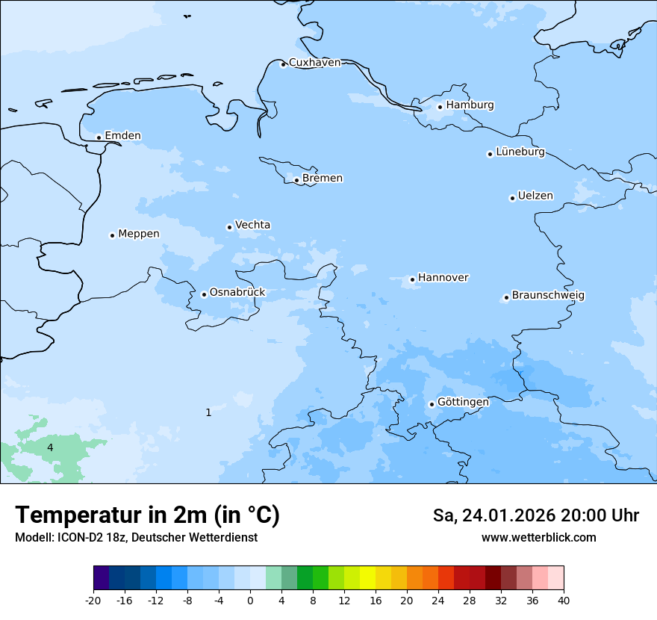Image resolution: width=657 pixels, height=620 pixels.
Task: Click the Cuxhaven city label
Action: pos(314,63)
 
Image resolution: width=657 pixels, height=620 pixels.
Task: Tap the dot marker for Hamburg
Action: pos(440,107)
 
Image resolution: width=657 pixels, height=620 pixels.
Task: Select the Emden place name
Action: pos(122,136)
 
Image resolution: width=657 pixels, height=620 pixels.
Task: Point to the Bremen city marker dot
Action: pos(297,180)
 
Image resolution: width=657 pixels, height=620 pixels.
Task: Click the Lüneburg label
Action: pos(520,152)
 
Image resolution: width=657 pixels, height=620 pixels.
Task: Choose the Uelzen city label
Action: pos(535,196)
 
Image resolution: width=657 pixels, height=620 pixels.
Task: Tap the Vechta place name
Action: pos(252,226)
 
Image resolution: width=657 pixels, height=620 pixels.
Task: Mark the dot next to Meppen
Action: pos(113,235)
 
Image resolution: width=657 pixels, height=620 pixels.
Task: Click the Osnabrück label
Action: pos(237,293)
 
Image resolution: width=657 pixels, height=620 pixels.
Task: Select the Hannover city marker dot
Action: pos(413,280)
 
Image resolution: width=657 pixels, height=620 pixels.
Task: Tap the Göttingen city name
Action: pos(463,403)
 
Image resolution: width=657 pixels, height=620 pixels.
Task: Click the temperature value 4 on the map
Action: pos(50,447)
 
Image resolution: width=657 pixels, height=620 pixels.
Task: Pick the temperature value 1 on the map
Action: pos(208,412)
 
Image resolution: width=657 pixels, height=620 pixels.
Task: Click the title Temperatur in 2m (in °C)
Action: pos(147,515)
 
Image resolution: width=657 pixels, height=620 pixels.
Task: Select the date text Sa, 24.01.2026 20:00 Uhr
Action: pos(535,515)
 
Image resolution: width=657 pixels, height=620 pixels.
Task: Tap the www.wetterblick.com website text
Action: pos(538,538)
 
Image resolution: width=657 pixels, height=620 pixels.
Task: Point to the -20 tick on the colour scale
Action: pos(93,601)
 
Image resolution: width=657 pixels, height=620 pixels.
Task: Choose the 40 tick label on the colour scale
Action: pos(564,601)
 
